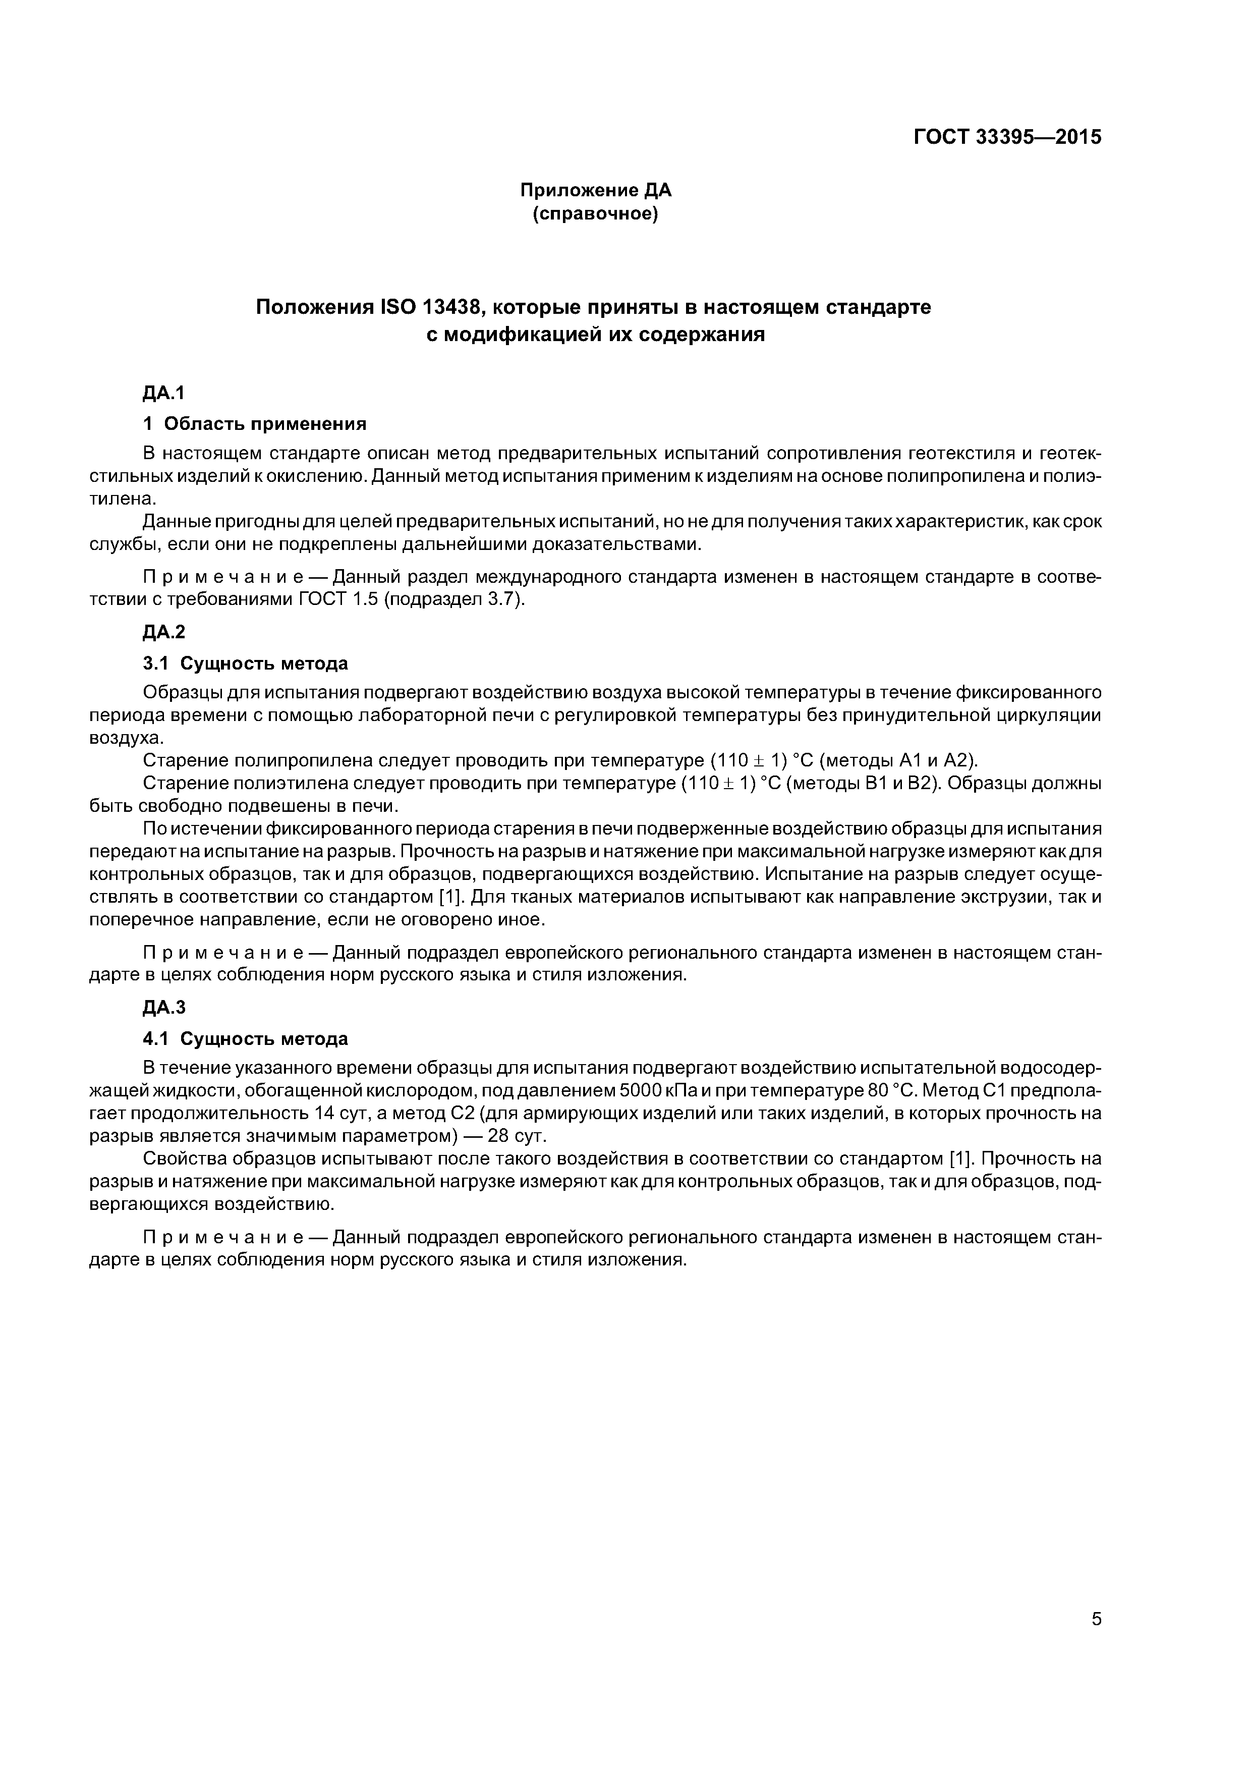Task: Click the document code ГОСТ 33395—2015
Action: point(1007,137)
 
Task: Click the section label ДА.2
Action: point(164,632)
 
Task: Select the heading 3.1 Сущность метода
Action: point(245,663)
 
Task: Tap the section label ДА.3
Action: point(164,1008)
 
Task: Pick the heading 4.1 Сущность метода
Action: point(245,1038)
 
